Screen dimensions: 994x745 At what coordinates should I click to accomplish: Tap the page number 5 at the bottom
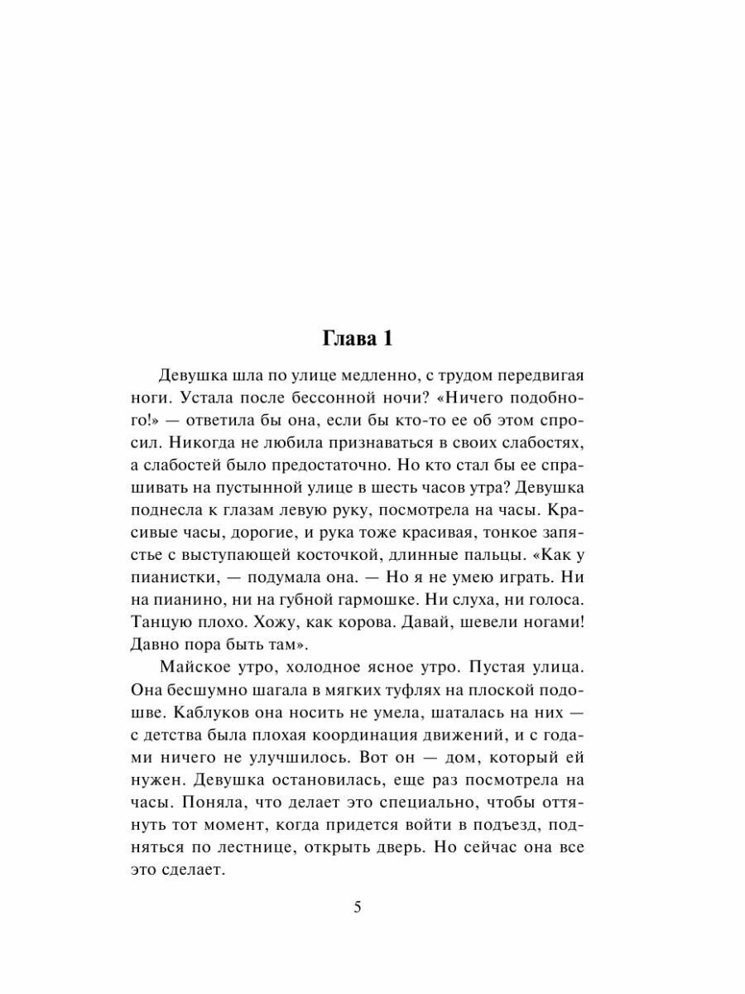358,906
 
